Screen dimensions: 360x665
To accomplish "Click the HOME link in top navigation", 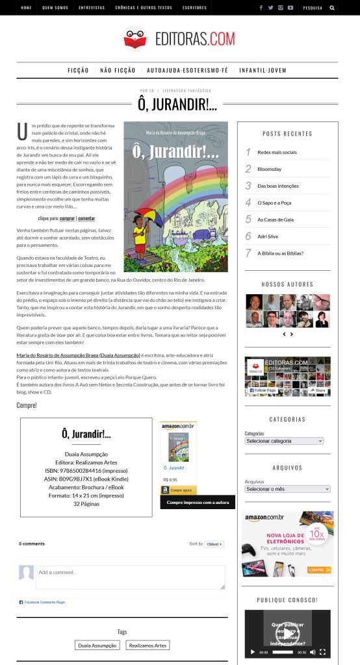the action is click(26, 8).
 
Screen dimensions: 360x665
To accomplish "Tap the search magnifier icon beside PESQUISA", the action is click(333, 8).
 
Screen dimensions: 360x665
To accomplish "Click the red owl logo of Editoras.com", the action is click(135, 38).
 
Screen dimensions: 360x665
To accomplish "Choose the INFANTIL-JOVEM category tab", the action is click(263, 70).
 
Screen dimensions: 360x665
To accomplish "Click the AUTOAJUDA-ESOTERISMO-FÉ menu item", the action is click(187, 70).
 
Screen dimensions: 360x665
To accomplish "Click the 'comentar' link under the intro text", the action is click(86, 219).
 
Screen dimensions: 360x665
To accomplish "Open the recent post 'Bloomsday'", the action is click(269, 169).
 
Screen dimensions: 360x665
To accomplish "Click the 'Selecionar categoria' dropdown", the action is click(284, 441).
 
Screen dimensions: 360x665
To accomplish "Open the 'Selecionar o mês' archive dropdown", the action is click(287, 489).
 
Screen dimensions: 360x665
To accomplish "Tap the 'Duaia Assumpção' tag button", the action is click(97, 646).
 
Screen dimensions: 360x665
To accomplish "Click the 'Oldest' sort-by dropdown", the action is click(214, 544).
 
